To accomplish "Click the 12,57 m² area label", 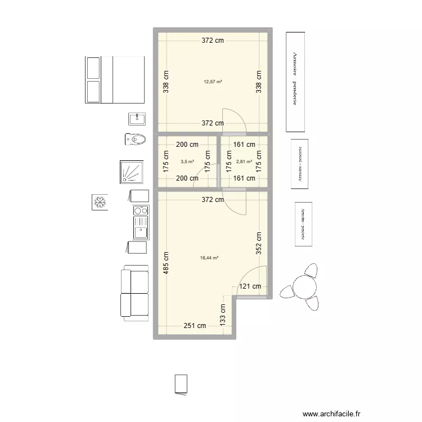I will click(213, 82).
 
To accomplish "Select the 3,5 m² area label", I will click(187, 161).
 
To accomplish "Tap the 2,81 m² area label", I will click(244, 161).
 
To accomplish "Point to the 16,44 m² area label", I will click(209, 258).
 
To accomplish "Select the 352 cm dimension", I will click(258, 244).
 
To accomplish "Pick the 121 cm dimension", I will click(250, 286).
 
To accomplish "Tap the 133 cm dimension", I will click(223, 316).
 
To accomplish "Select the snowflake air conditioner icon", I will click(100, 202).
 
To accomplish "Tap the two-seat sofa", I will click(134, 292).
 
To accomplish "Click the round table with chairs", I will click(304, 286).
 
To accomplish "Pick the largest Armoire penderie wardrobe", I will click(295, 80).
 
